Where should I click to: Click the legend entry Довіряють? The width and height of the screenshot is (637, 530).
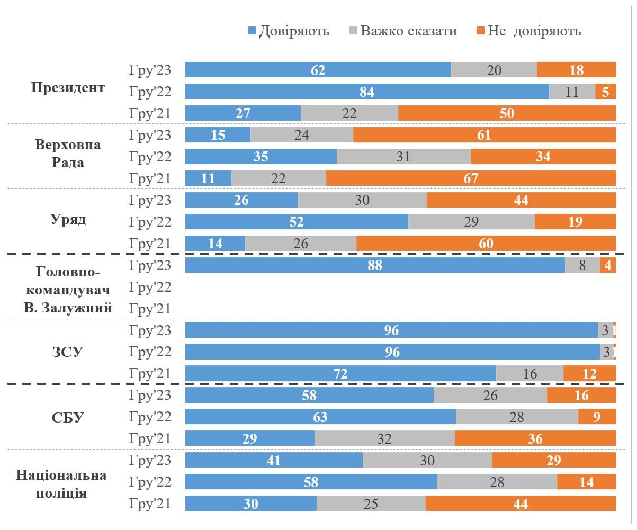click(289, 31)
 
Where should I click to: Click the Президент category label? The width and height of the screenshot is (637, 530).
click(68, 87)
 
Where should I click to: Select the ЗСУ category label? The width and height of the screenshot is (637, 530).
click(68, 352)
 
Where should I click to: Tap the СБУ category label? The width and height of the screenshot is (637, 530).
click(68, 417)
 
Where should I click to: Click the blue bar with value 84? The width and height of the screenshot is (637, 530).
click(367, 92)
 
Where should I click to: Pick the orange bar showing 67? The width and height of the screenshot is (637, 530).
click(471, 178)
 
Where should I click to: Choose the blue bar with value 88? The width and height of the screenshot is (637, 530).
click(375, 265)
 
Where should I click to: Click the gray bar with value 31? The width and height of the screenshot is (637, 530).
click(403, 157)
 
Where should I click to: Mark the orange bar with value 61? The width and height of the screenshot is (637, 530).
click(484, 135)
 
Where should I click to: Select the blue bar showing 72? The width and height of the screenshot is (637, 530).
click(340, 374)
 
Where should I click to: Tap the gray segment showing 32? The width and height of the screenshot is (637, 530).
click(384, 439)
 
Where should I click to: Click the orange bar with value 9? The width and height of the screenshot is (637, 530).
click(597, 417)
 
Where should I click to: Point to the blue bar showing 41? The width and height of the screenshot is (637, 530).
click(274, 461)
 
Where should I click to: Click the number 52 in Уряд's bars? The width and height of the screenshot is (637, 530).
click(297, 222)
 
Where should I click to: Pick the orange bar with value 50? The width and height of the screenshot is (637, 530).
click(507, 113)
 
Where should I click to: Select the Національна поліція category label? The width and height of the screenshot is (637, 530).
click(61, 483)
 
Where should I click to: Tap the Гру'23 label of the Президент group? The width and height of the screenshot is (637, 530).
click(150, 70)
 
